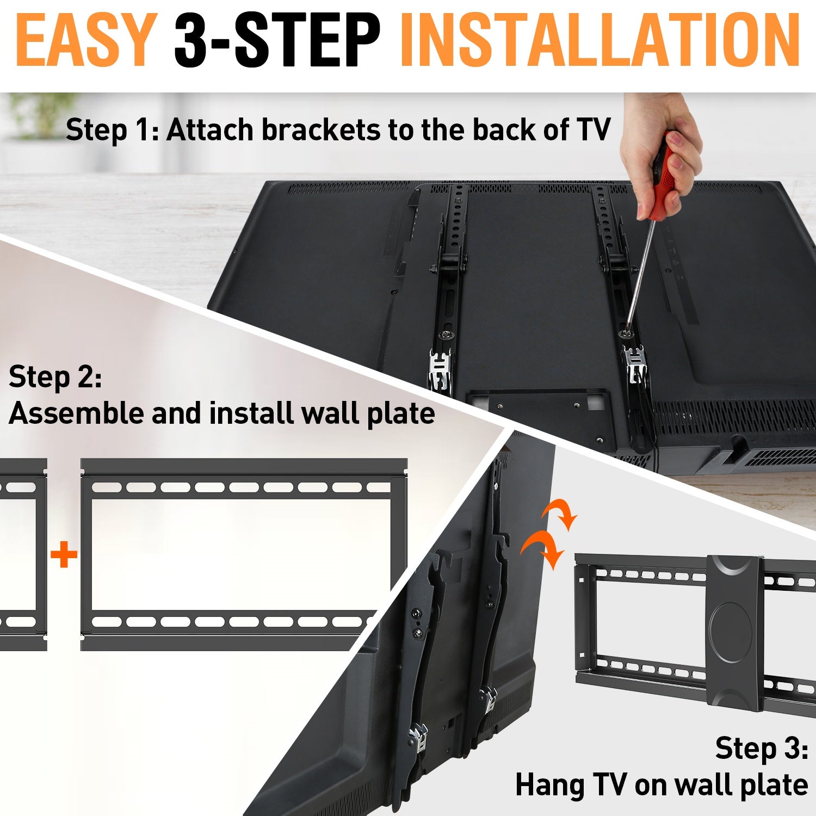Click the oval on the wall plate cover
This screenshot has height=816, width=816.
pyautogui.click(x=731, y=631)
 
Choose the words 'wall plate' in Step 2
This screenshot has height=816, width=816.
pyautogui.click(x=367, y=413)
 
